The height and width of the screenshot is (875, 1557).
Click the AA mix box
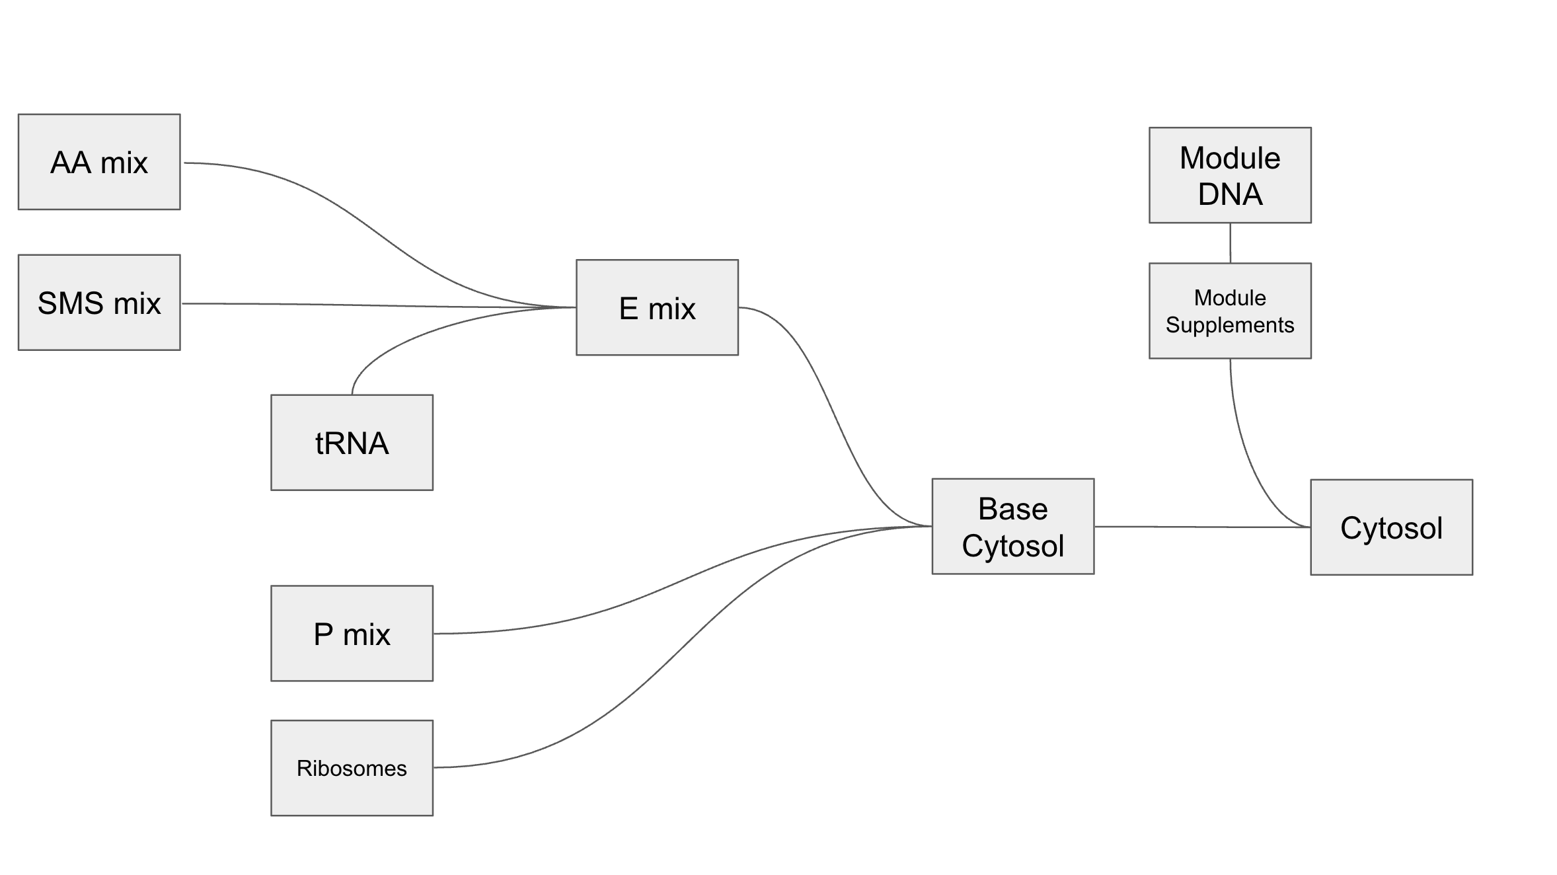[99, 162]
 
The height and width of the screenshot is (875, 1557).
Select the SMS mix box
[99, 303]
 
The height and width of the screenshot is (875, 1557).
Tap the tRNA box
[352, 443]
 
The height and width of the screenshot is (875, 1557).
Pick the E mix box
[657, 307]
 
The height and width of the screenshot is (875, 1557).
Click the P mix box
[352, 633]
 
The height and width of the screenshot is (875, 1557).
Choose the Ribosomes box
[352, 768]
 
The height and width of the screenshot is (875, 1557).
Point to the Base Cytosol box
[1012, 527]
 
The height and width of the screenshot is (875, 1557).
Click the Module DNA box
[1230, 175]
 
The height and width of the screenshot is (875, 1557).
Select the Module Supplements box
[1230, 311]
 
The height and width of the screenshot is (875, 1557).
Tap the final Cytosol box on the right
[1391, 527]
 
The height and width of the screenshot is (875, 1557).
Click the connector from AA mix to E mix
[370, 227]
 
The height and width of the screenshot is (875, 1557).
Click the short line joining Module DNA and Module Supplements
[1230, 243]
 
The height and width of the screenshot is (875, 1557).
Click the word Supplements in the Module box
[1230, 325]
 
